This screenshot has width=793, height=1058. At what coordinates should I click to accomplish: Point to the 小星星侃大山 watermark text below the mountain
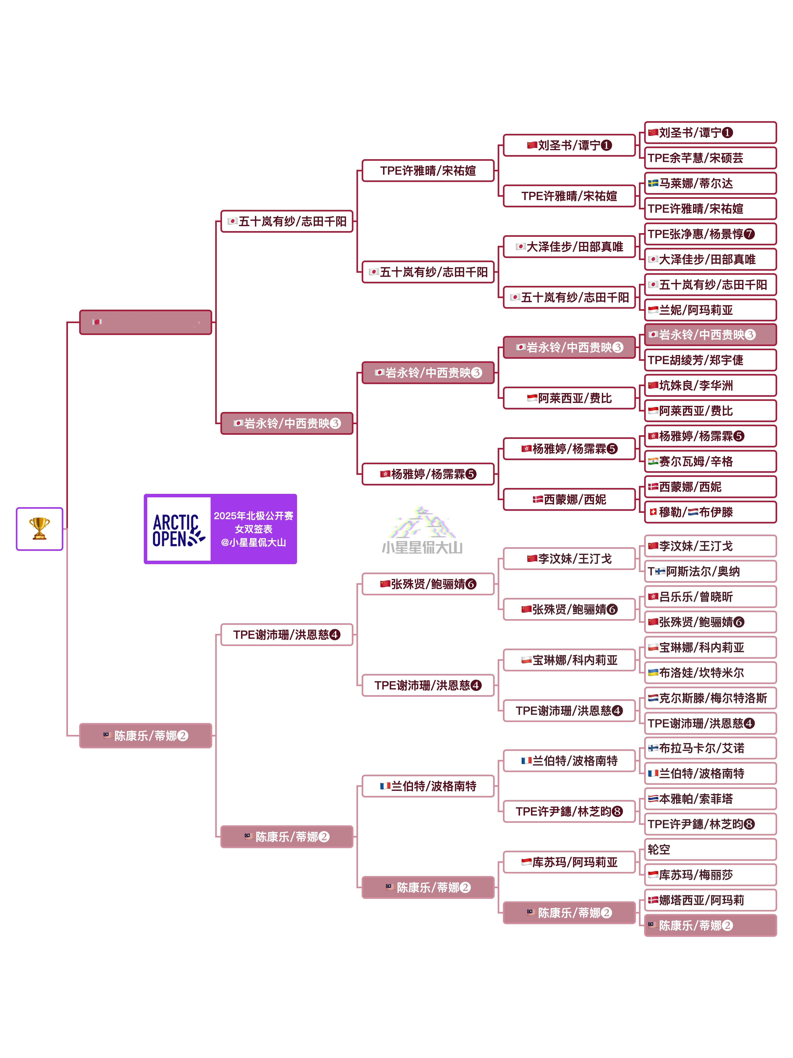(x=422, y=548)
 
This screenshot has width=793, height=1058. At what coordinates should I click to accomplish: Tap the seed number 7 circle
(x=749, y=234)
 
